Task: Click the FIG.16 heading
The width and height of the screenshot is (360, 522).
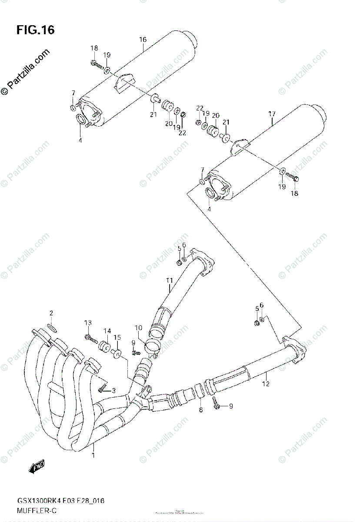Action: (36, 30)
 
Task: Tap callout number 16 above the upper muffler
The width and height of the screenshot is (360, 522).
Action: (143, 40)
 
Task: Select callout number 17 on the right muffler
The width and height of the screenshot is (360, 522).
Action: (272, 114)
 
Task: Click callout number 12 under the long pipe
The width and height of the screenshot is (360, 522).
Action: (266, 384)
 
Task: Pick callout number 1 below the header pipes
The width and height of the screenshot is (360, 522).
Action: (93, 455)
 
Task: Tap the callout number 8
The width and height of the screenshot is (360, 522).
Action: (200, 409)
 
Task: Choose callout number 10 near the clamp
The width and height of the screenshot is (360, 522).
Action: (138, 328)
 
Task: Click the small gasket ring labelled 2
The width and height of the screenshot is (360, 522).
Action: (51, 327)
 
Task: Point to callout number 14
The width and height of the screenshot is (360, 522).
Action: (107, 331)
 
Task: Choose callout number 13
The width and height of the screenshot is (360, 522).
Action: (88, 322)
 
